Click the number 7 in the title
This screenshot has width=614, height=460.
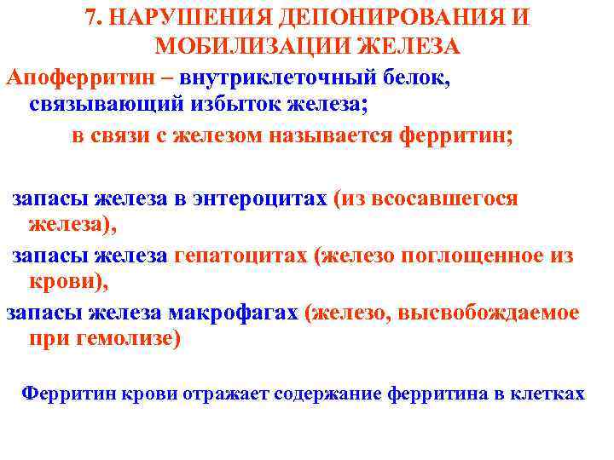coord(91,19)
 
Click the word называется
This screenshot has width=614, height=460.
coord(323,136)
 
